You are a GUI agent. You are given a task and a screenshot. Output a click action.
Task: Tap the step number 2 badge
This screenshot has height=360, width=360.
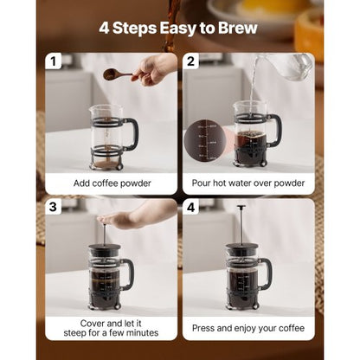click(x=191, y=62)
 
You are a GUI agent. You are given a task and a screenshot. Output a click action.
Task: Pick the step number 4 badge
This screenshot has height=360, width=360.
click(x=191, y=208)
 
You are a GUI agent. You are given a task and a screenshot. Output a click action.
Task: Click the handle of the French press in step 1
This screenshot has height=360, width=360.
click(x=131, y=134)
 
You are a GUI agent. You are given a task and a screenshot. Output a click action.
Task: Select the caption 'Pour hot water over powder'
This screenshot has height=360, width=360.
click(x=247, y=183)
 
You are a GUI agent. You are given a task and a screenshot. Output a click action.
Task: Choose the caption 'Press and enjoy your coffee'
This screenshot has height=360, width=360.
click(x=247, y=328)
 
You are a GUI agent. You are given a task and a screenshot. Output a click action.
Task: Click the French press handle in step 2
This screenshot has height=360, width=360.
click(x=275, y=130)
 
